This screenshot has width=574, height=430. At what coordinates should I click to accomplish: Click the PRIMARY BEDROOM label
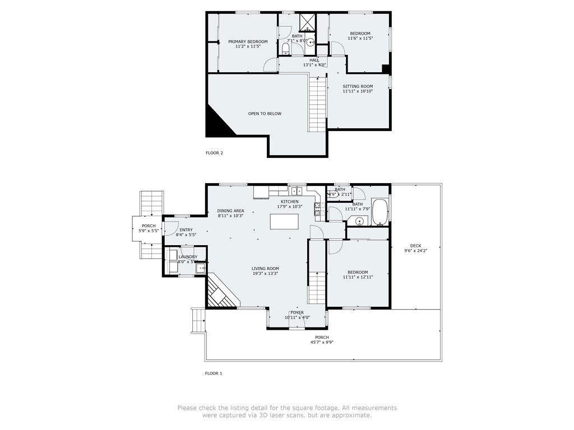(247, 42)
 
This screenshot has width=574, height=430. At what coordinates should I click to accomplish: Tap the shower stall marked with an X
(308, 22)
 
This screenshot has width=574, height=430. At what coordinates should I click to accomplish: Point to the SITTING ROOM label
(358, 87)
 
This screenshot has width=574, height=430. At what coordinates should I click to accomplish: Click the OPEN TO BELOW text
(265, 114)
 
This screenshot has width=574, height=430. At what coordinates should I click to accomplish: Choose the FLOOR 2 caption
(214, 152)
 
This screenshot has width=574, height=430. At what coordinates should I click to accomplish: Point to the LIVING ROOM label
(265, 269)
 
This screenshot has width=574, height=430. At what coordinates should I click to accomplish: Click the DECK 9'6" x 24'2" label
(415, 246)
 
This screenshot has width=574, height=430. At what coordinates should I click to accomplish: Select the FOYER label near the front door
(297, 312)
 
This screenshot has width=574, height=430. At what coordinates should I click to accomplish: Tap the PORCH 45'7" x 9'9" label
(322, 337)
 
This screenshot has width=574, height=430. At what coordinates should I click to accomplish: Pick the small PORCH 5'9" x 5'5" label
(149, 226)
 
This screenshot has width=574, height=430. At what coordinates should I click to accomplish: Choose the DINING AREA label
(230, 211)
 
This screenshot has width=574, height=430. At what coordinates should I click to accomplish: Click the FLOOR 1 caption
(214, 373)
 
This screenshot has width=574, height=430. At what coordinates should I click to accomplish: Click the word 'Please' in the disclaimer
(188, 408)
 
